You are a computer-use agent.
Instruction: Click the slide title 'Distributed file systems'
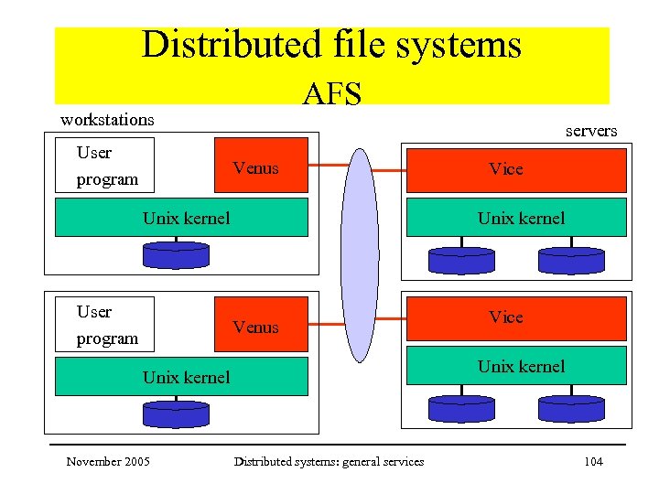pos(331,45)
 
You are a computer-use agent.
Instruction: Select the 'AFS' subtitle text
pos(331,93)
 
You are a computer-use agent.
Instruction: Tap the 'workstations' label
pos(107,120)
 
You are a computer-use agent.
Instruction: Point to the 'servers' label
pos(590,131)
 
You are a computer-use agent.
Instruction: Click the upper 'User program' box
pos(105,166)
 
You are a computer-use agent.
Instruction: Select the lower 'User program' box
pos(105,325)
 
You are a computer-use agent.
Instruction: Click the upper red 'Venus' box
pos(260,167)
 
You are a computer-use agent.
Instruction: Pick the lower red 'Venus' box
pos(260,327)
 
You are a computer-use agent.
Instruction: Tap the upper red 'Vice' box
pos(516,169)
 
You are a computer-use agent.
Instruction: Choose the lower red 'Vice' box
pos(516,317)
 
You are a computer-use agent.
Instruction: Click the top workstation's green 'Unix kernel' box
pos(181,218)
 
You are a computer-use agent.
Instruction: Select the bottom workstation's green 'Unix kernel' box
pos(181,377)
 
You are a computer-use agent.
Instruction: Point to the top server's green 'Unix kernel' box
pos(516,218)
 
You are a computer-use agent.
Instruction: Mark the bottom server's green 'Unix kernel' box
pos(516,367)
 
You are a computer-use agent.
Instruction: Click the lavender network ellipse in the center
pos(359,256)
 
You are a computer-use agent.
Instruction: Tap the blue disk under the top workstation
pos(176,255)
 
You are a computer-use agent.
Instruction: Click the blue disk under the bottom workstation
pos(176,414)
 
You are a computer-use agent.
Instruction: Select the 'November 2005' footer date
pos(108,461)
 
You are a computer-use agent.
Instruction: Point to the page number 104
pos(592,461)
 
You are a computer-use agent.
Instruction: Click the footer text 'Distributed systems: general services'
pos(329,461)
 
